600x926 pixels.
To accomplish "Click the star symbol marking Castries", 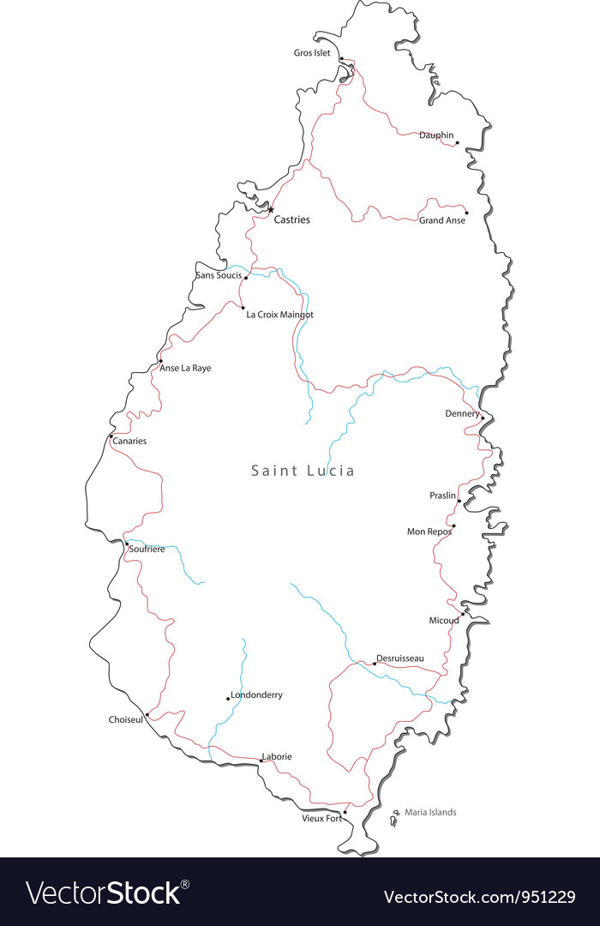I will click(x=271, y=209).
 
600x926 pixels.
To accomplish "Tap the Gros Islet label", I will click(x=312, y=53).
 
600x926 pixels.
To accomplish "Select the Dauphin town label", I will click(x=436, y=135).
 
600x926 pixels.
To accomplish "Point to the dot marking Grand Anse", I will click(x=466, y=213).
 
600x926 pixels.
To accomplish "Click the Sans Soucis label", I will click(x=219, y=275).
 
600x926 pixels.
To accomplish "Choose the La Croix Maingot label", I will click(x=279, y=315).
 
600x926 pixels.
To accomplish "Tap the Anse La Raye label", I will click(x=185, y=368).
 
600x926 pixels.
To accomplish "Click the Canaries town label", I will click(x=129, y=442).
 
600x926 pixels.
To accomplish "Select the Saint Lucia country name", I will click(x=303, y=471).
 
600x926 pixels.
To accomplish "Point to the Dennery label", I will click(x=462, y=413).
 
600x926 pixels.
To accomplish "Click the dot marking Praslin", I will click(x=459, y=501).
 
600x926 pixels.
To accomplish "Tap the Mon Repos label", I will click(x=429, y=532).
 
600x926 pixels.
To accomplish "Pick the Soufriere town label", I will click(x=147, y=549).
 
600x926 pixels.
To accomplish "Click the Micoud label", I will click(x=444, y=621).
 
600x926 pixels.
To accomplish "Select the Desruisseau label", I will click(x=400, y=658).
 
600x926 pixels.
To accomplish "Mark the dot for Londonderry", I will click(x=227, y=698).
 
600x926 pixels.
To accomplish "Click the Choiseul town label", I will click(x=126, y=719).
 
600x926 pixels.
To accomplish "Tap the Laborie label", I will click(x=278, y=756).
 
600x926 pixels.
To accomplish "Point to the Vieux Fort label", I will click(x=321, y=818).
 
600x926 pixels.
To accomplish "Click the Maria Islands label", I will click(x=430, y=812).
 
